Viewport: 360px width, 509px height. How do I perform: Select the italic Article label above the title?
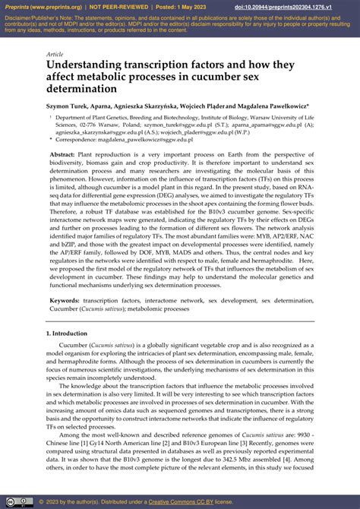tap(54, 54)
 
